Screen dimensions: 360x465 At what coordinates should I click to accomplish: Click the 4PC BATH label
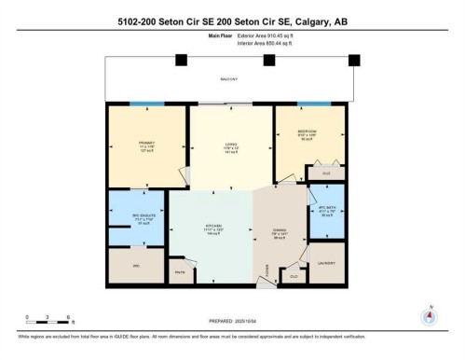pyautogui.click(x=325, y=211)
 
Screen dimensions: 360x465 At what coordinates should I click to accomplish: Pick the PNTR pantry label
pyautogui.click(x=180, y=271)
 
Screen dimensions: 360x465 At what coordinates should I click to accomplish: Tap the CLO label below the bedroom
pyautogui.click(x=326, y=173)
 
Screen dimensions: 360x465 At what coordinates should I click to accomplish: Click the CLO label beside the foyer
pyautogui.click(x=294, y=276)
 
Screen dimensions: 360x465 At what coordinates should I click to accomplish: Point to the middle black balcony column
pyautogui.click(x=269, y=61)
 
